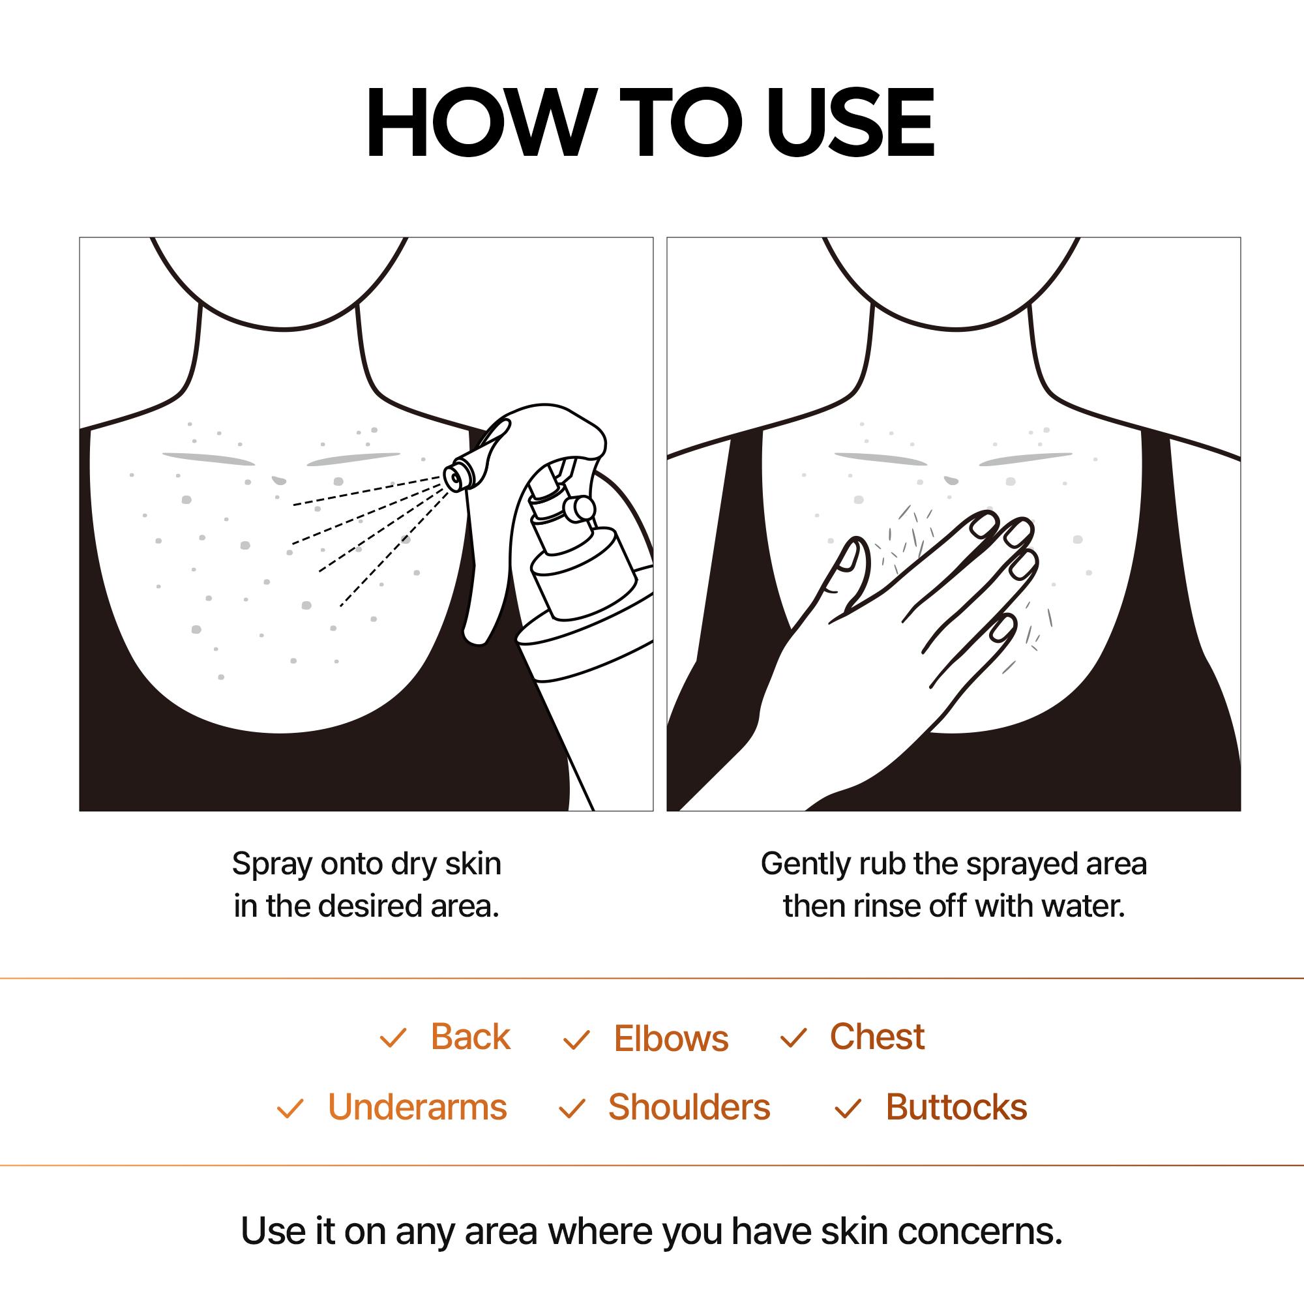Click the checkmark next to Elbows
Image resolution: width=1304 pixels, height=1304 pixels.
coord(576,1040)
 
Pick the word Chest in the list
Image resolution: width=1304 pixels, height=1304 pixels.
coord(876,1037)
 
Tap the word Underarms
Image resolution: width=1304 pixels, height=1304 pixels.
coord(417,1108)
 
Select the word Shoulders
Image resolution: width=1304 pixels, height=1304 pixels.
coord(689,1108)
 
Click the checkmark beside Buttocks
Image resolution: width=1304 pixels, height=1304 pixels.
coord(848,1109)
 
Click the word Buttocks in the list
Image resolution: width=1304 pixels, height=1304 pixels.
coord(956,1108)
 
